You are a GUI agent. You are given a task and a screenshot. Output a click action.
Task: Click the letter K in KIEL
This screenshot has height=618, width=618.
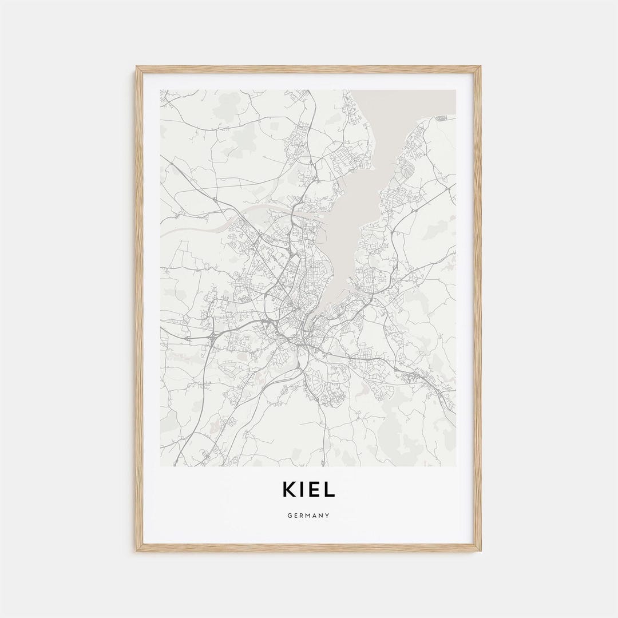point(289,490)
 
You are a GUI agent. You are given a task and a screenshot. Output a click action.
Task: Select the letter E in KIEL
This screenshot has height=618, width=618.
point(315,490)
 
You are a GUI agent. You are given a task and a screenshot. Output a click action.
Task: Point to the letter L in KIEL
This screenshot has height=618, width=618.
point(330,490)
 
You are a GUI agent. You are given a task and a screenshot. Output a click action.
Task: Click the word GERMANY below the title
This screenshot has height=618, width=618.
point(308,516)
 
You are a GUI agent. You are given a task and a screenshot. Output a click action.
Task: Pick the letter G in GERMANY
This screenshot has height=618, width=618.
point(290,516)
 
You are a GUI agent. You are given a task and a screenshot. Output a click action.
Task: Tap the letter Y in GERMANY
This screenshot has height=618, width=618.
point(328,516)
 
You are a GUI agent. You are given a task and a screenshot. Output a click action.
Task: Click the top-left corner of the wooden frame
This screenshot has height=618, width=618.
point(137,68)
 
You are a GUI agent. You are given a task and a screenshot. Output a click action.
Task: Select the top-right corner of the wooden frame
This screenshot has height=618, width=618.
point(480,68)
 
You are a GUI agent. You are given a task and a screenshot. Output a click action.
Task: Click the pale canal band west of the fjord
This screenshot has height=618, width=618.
point(195,226)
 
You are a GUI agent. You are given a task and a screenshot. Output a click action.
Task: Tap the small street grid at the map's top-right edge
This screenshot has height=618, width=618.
point(441,118)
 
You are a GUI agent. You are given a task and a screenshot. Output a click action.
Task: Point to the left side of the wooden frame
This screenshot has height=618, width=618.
point(139,309)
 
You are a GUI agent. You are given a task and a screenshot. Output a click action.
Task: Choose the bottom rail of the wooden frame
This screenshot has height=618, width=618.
point(308,548)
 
